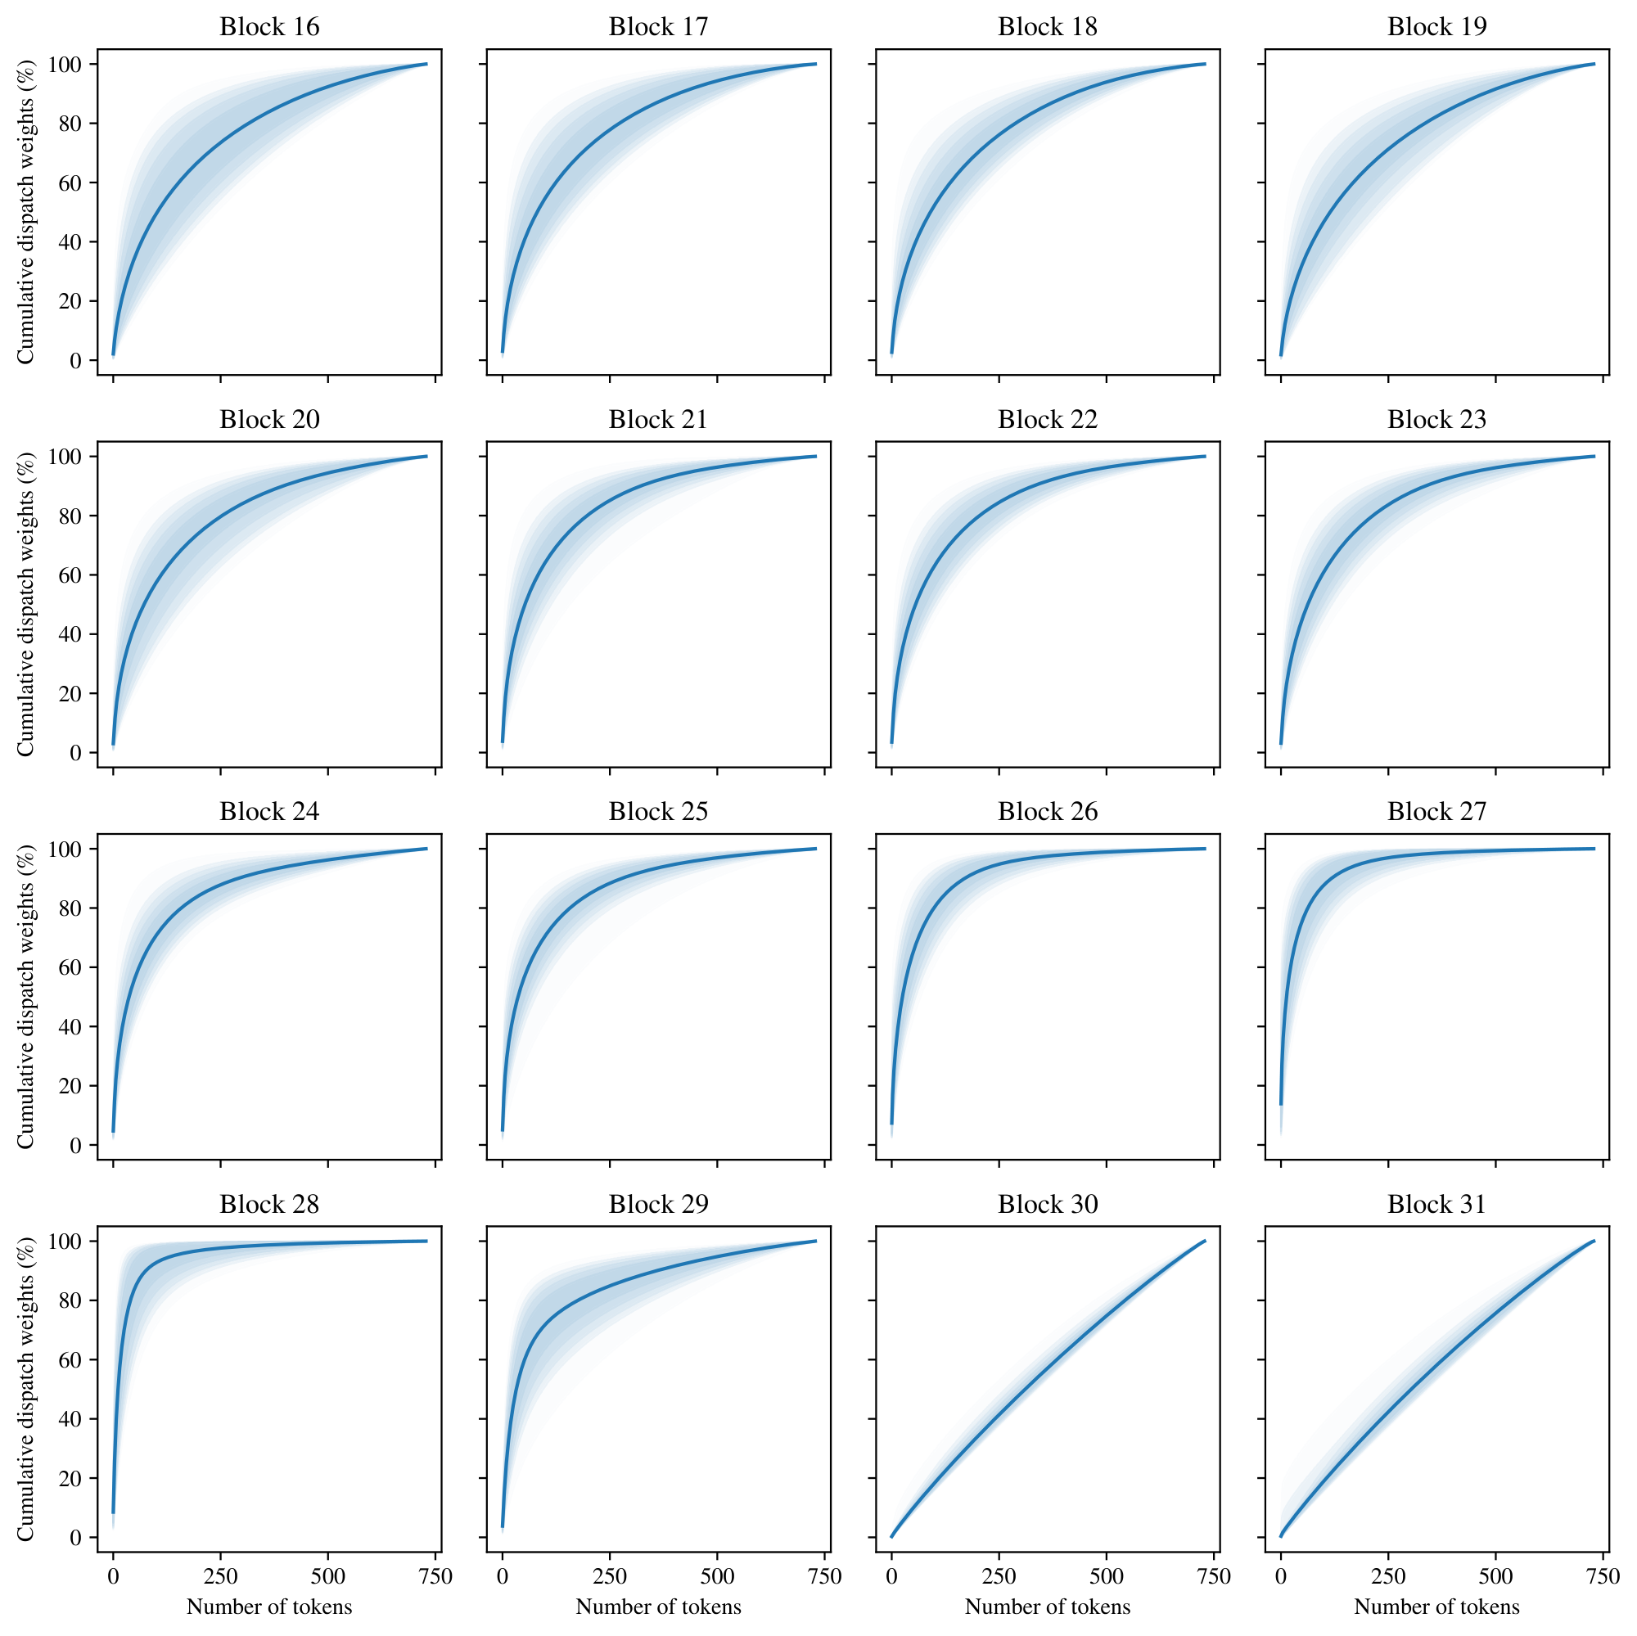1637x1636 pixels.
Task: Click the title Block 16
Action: [x=269, y=27]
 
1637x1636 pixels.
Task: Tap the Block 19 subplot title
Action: [x=1436, y=27]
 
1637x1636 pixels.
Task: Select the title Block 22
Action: [x=1048, y=419]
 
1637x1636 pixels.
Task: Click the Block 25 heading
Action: [x=658, y=812]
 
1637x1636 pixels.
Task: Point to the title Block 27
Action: [x=1436, y=812]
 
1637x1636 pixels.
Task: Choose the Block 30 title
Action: [x=1048, y=1204]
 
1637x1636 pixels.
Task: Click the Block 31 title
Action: [x=1436, y=1204]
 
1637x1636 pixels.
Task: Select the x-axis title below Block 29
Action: [x=658, y=1607]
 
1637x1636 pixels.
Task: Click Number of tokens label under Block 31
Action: [x=1436, y=1607]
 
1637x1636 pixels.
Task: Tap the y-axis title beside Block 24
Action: [x=25, y=996]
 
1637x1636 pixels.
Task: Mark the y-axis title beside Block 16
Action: [x=25, y=212]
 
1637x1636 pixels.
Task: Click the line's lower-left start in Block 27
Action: [x=1280, y=1104]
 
